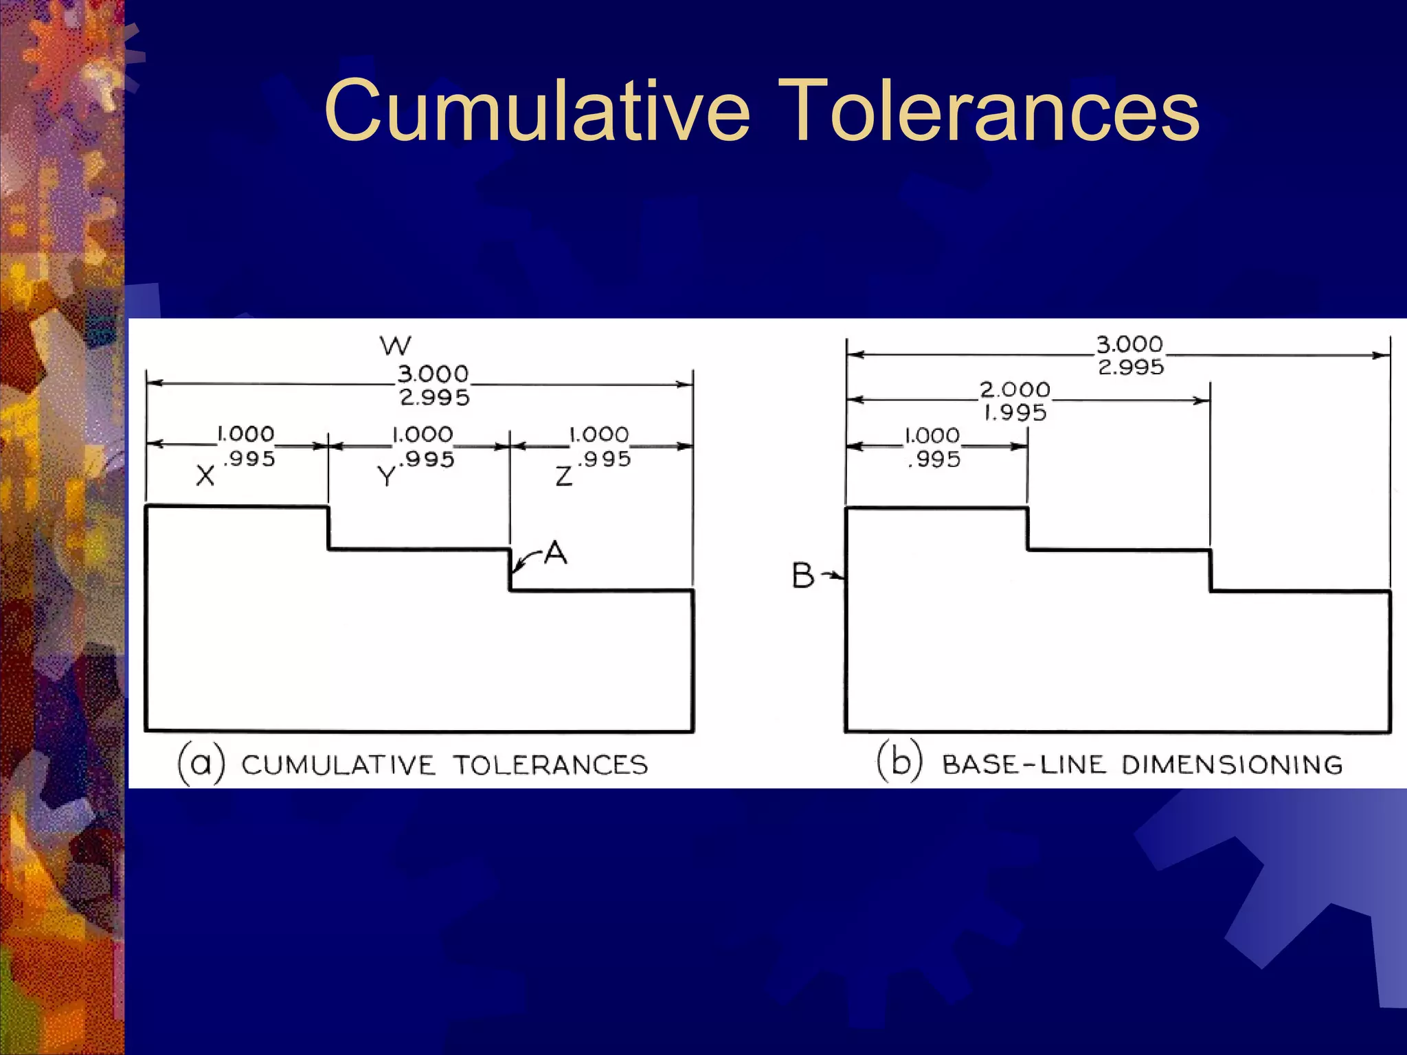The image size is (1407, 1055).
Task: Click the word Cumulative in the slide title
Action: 537,111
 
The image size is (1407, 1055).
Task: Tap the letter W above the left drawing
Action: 396,345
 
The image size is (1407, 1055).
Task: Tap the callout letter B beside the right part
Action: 802,576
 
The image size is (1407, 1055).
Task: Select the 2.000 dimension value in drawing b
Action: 1015,390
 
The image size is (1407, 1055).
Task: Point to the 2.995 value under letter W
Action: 435,398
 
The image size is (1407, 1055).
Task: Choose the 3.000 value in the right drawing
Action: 1129,344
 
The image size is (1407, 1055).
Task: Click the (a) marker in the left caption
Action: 201,764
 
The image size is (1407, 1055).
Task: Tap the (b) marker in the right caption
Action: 899,762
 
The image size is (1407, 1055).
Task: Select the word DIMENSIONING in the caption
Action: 1232,764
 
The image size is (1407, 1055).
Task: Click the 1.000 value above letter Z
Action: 599,435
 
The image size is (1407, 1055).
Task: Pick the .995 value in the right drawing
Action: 934,460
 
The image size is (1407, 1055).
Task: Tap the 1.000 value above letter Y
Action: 423,435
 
